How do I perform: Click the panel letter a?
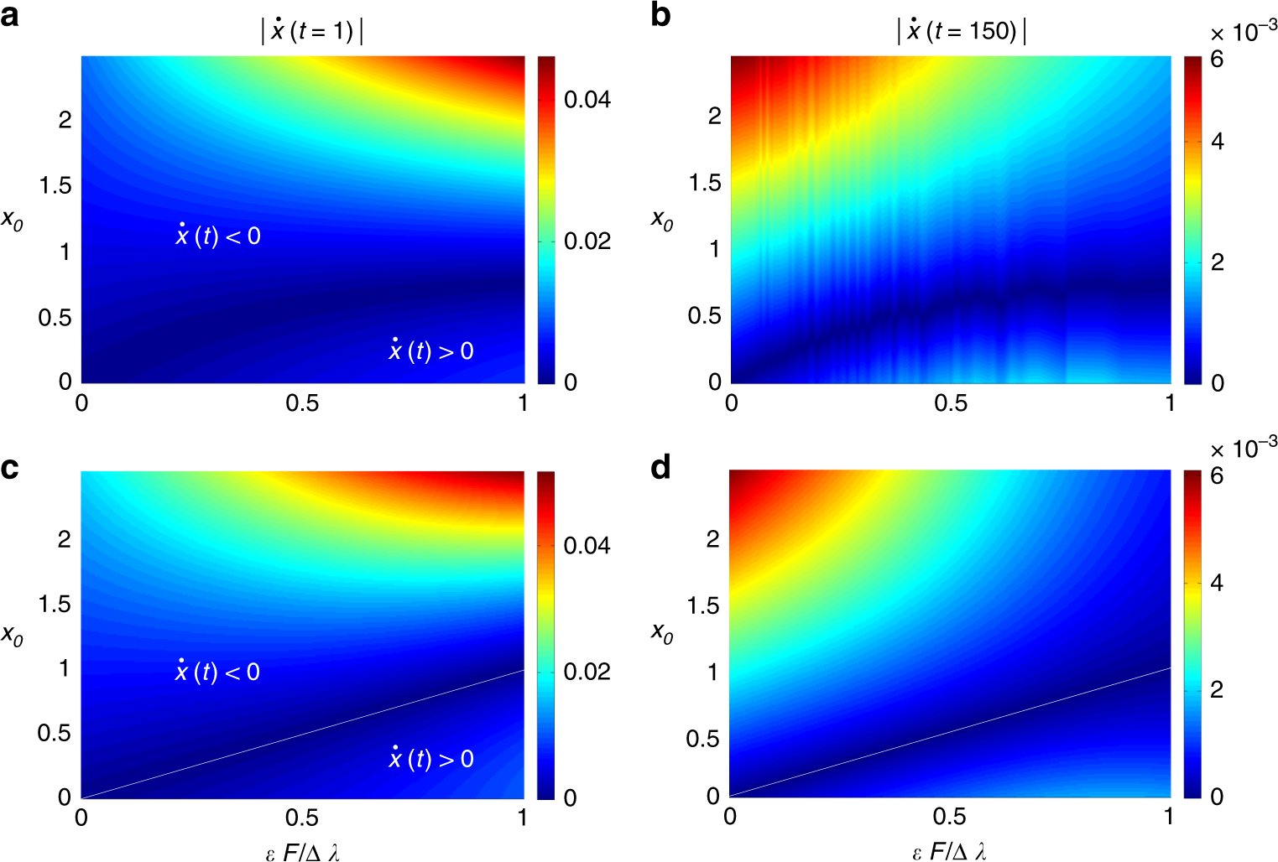pyautogui.click(x=10, y=17)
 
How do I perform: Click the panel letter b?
pyautogui.click(x=660, y=17)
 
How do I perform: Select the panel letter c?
pyautogui.click(x=10, y=468)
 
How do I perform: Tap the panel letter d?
pyautogui.click(x=661, y=467)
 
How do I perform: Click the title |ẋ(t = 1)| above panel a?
pyautogui.click(x=312, y=31)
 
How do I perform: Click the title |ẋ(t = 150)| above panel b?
pyautogui.click(x=962, y=31)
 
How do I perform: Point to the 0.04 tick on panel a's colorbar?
pyautogui.click(x=587, y=100)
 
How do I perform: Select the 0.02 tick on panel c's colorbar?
pyautogui.click(x=587, y=672)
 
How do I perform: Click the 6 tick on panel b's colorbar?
pyautogui.click(x=1217, y=60)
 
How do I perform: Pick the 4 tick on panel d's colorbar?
pyautogui.click(x=1217, y=583)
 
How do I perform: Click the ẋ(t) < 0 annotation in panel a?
pyautogui.click(x=218, y=236)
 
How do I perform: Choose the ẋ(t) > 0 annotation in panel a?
pyautogui.click(x=431, y=351)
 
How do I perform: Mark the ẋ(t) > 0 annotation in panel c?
pyautogui.click(x=431, y=759)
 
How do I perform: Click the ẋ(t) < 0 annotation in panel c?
pyautogui.click(x=217, y=672)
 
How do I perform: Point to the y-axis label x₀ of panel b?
pyautogui.click(x=662, y=221)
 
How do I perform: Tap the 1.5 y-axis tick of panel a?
pyautogui.click(x=55, y=185)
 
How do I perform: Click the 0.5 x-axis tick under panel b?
pyautogui.click(x=951, y=403)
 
